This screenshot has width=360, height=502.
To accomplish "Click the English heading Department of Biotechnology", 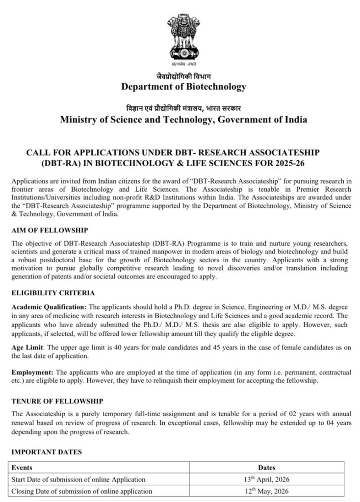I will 183,87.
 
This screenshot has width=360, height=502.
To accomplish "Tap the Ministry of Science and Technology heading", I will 183,120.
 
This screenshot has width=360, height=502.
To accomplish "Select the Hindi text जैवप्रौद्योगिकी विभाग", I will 183,76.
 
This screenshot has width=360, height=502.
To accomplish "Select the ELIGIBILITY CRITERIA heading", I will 53,293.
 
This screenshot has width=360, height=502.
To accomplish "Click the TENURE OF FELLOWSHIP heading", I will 57,401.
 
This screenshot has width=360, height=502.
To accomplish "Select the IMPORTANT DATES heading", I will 46,451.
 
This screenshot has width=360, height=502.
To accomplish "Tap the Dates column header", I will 266,468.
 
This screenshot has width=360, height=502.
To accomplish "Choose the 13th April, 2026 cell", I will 266,479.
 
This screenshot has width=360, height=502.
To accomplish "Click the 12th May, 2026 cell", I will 266,491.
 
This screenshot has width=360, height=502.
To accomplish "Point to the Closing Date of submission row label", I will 81,491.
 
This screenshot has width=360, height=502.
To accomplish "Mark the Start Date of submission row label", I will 78,479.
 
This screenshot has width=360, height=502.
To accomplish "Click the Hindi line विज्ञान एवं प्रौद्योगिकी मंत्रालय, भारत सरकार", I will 183,108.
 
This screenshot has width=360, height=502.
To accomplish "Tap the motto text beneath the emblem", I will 183,64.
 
